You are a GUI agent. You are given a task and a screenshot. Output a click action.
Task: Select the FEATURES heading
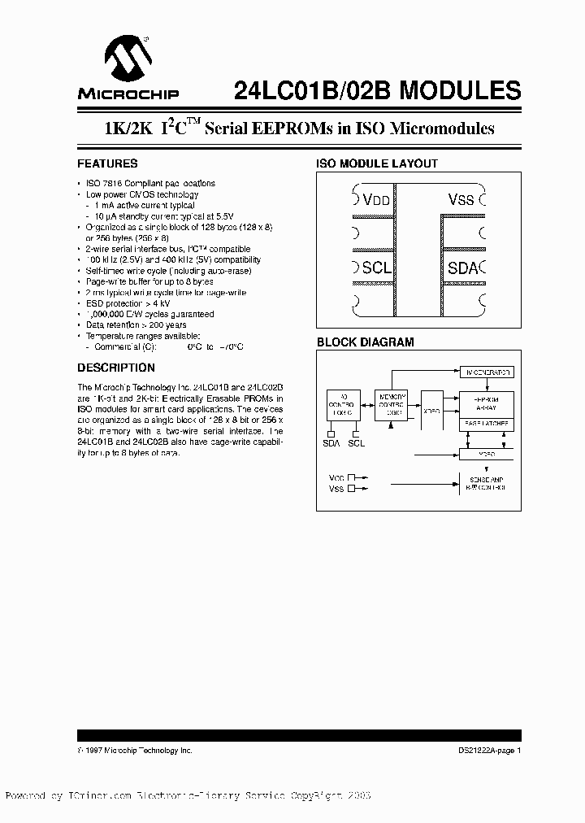107,163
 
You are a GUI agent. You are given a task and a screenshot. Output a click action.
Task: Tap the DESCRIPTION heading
116,368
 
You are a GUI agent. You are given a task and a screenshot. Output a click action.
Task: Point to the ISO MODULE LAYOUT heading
377,163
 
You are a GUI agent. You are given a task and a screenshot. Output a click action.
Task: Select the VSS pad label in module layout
465,200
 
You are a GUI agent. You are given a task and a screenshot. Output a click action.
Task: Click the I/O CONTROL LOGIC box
343,404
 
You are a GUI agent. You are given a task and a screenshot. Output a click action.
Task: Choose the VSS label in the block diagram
336,490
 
